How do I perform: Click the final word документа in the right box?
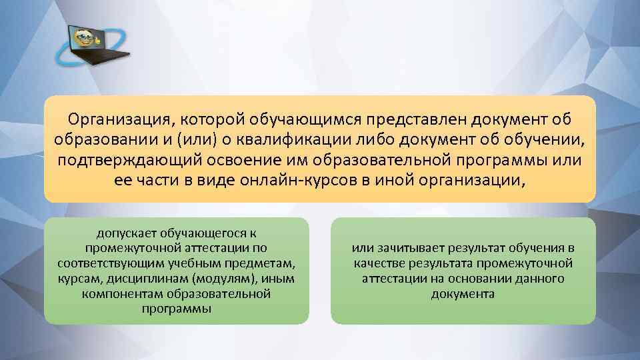point(463,293)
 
